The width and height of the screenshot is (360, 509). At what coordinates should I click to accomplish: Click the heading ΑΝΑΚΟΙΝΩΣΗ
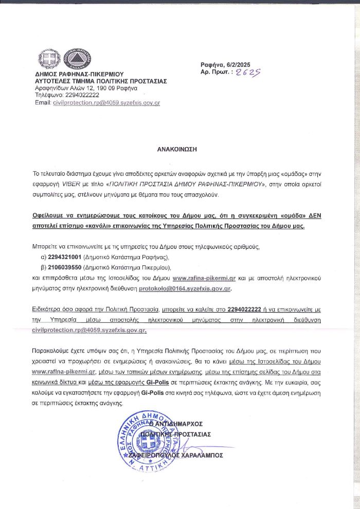coord(177,149)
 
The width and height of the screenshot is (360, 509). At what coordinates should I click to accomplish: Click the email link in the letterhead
coord(106,103)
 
